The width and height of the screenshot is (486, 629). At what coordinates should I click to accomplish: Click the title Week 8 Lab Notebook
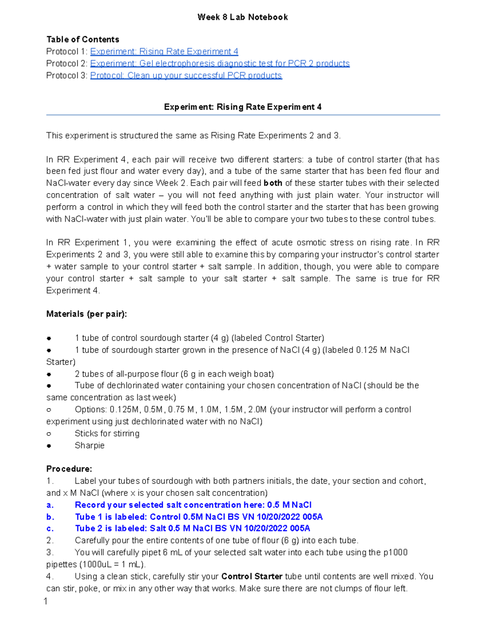(x=243, y=17)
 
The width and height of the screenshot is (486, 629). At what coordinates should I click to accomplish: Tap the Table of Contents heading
(x=83, y=39)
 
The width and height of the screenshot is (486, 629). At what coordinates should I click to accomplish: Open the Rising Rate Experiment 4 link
(x=164, y=51)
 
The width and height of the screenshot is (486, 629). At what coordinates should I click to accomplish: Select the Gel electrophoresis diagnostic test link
(x=220, y=64)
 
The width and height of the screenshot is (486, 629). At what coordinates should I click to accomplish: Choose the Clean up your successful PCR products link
(x=186, y=76)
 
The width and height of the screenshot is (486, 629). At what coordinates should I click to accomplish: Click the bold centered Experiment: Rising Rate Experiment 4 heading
(x=243, y=107)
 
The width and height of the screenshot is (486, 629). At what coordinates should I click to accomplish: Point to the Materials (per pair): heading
(x=87, y=314)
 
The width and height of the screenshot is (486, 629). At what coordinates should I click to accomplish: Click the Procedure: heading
(x=69, y=469)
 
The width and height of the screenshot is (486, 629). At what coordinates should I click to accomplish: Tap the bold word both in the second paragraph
(x=273, y=183)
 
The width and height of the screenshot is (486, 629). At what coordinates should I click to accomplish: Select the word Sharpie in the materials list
(x=90, y=445)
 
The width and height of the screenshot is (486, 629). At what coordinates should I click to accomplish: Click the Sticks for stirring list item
(x=107, y=433)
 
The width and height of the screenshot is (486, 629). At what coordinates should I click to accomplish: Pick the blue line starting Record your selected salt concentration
(x=193, y=505)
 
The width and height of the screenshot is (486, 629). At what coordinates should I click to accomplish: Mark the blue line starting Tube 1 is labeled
(x=198, y=517)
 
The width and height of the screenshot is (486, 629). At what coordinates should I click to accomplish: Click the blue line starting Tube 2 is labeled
(x=192, y=529)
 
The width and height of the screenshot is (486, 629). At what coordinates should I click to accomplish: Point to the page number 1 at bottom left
(x=46, y=601)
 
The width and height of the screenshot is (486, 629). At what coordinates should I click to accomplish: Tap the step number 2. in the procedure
(x=50, y=540)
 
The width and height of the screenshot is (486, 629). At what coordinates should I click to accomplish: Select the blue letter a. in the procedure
(x=50, y=505)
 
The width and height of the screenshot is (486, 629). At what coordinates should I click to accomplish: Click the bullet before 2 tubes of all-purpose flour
(x=49, y=374)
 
